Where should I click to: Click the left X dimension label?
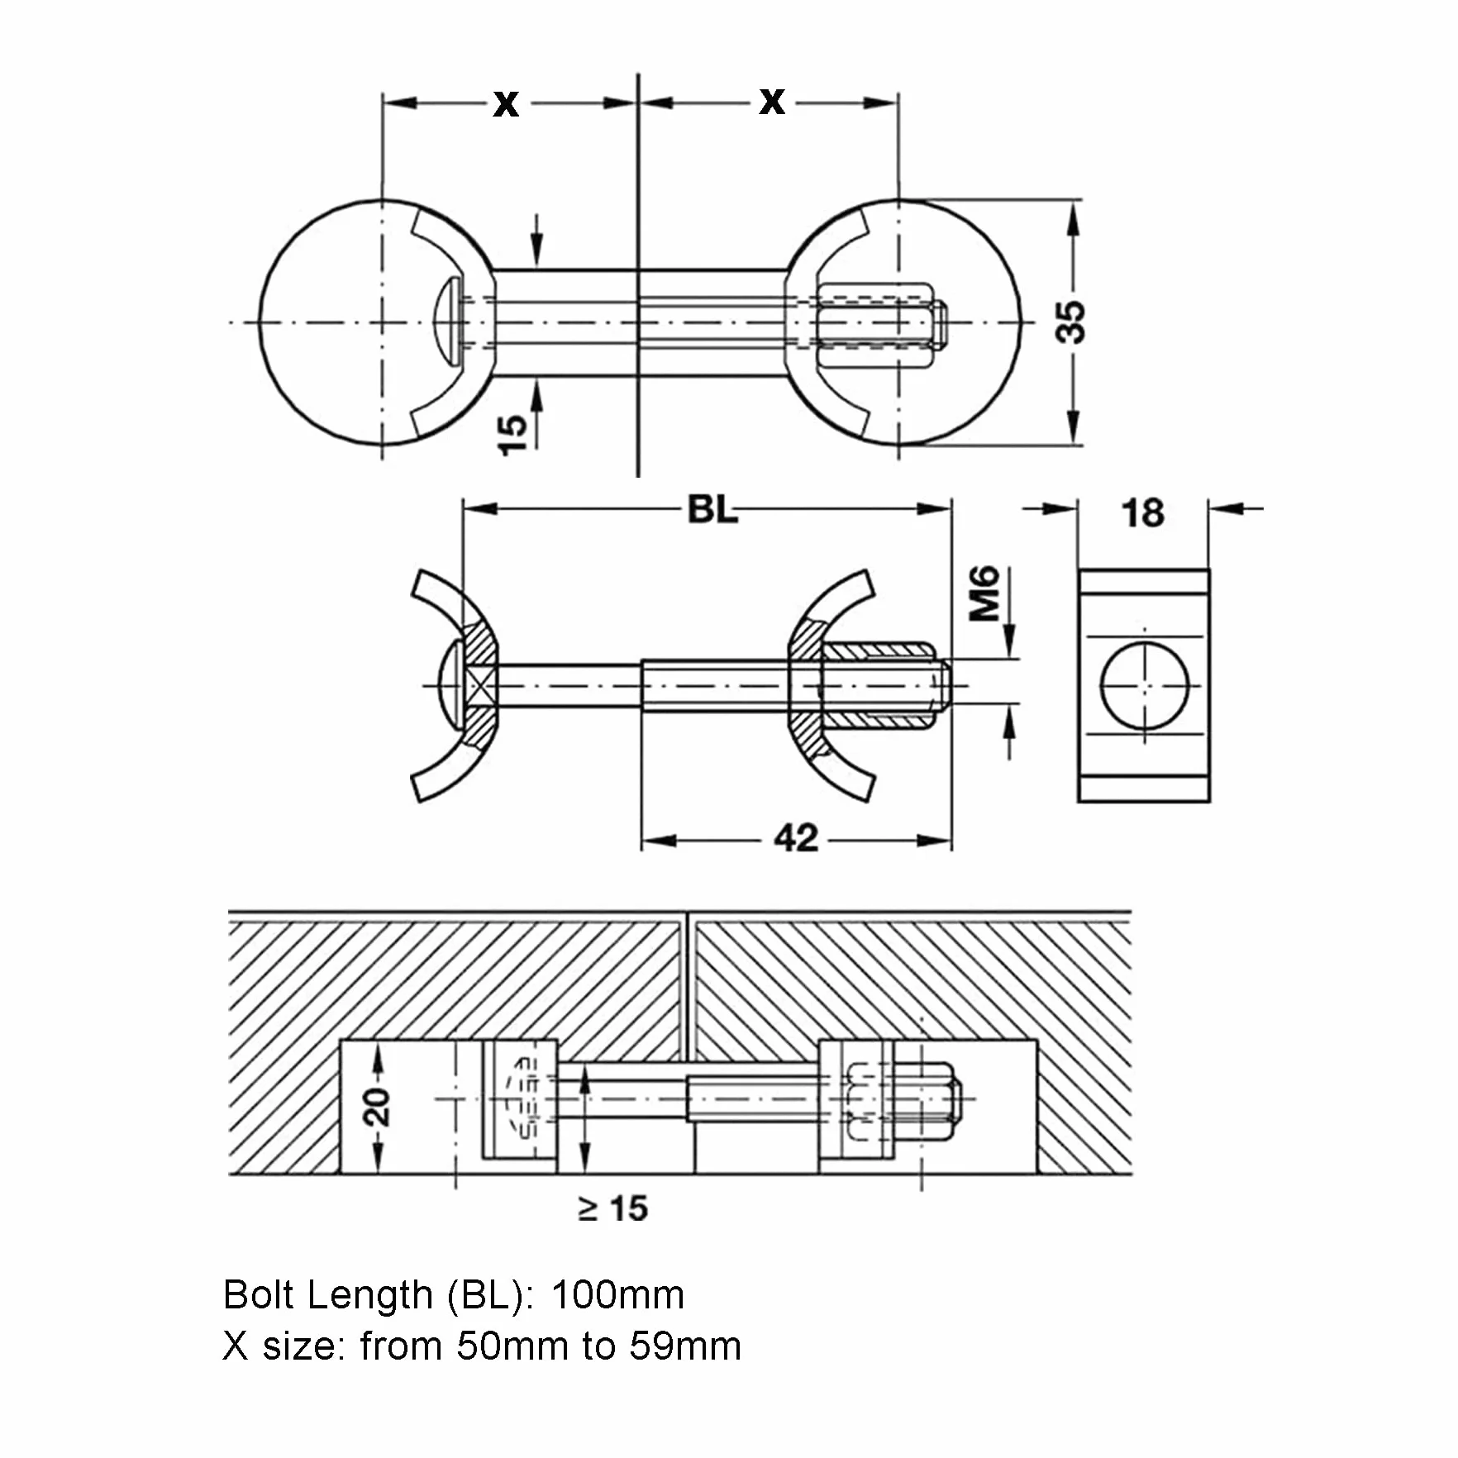coord(506,104)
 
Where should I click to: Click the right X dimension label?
coord(772,102)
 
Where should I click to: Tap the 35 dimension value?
coord(1071,322)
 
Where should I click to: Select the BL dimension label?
coord(712,510)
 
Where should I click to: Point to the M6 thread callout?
coord(984,593)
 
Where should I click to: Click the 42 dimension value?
coord(796,838)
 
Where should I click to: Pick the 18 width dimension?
coord(1143,513)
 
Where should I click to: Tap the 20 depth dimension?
coord(377,1107)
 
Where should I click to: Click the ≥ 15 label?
coord(612,1209)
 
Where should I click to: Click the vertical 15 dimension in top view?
coord(512,435)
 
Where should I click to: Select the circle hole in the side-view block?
coord(1145,685)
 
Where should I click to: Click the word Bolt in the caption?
coord(260,1295)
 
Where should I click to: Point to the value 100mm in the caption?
coord(617,1295)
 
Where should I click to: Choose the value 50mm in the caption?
coord(512,1346)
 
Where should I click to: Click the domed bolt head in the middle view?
coord(449,685)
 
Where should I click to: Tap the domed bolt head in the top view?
coord(446,322)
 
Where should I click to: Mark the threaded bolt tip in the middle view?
coord(944,685)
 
